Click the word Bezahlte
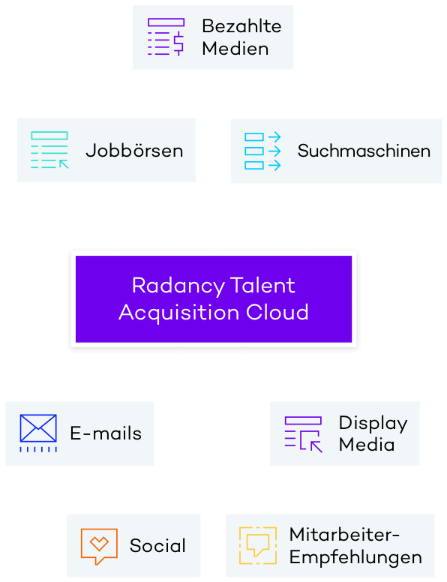pos(241,26)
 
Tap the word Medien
pos(235,49)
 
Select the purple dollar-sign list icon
pos(166,37)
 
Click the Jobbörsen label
pos(134,151)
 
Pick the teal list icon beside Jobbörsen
pos(49,150)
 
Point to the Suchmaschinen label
pos(364,151)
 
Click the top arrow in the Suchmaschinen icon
pos(274,137)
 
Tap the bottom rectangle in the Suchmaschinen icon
pos(254,165)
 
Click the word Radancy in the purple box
pos(178,286)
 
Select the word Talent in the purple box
pos(262,286)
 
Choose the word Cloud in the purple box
pos(277,312)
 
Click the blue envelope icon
pos(38,433)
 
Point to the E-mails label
pos(106,433)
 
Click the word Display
pos(373,424)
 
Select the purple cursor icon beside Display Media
pos(303,434)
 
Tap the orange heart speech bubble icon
pos(99,546)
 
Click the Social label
pos(157,546)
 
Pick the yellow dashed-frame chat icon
pos(258,546)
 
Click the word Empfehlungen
pos(355,557)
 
